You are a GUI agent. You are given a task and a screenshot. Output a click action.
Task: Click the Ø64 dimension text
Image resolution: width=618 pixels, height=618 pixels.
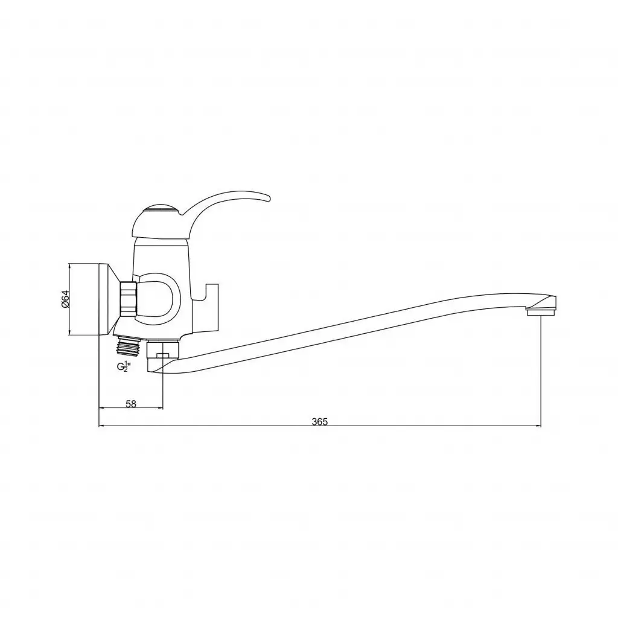pos(66,299)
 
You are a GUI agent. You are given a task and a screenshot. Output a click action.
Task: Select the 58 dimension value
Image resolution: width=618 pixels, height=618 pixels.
pos(131,404)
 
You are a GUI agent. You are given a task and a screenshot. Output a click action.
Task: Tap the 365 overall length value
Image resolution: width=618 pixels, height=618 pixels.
pos(319,422)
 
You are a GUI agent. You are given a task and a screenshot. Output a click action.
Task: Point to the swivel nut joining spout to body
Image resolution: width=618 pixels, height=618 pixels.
pos(162,348)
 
